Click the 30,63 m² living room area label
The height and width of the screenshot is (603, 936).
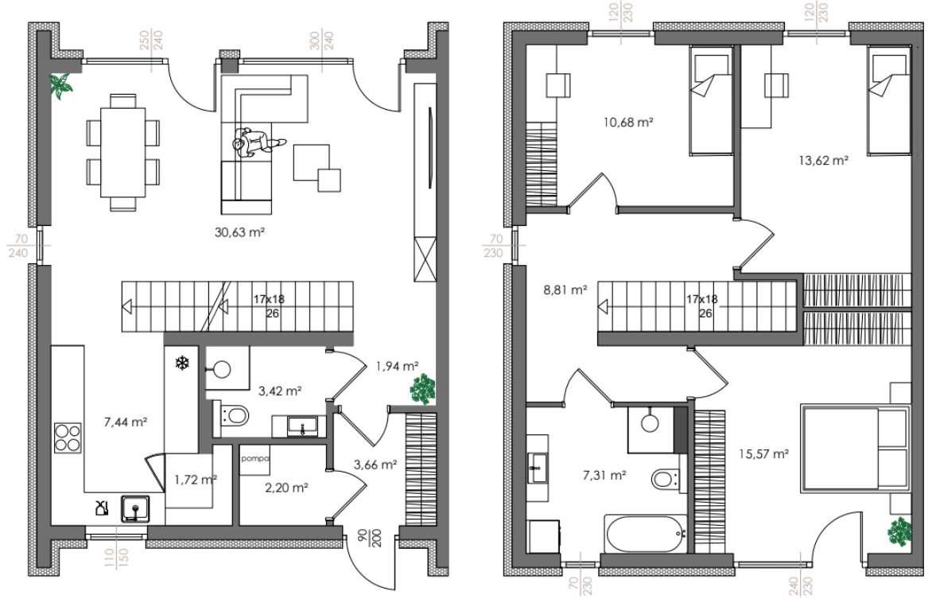(239, 232)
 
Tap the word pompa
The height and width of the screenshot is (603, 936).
(255, 459)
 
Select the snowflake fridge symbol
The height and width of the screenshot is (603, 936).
(181, 363)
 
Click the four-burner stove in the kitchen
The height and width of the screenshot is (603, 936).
(68, 438)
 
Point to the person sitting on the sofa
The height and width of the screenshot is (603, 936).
(257, 142)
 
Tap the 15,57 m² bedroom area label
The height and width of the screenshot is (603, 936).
(764, 454)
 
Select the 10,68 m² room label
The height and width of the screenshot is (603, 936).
(628, 123)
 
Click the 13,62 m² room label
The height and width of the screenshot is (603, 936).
(824, 160)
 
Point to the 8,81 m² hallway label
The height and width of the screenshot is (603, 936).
(565, 290)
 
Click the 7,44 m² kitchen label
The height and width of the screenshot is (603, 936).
(126, 422)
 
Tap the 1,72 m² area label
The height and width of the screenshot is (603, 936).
(196, 479)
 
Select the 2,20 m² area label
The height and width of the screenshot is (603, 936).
(286, 488)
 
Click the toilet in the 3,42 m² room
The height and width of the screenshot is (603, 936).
(234, 414)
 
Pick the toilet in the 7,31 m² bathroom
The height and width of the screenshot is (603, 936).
(665, 479)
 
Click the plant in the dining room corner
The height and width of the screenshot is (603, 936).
(61, 86)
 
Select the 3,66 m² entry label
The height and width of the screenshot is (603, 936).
(375, 465)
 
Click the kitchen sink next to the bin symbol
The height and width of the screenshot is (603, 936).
(135, 508)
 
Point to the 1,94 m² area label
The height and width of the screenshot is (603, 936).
(397, 366)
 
